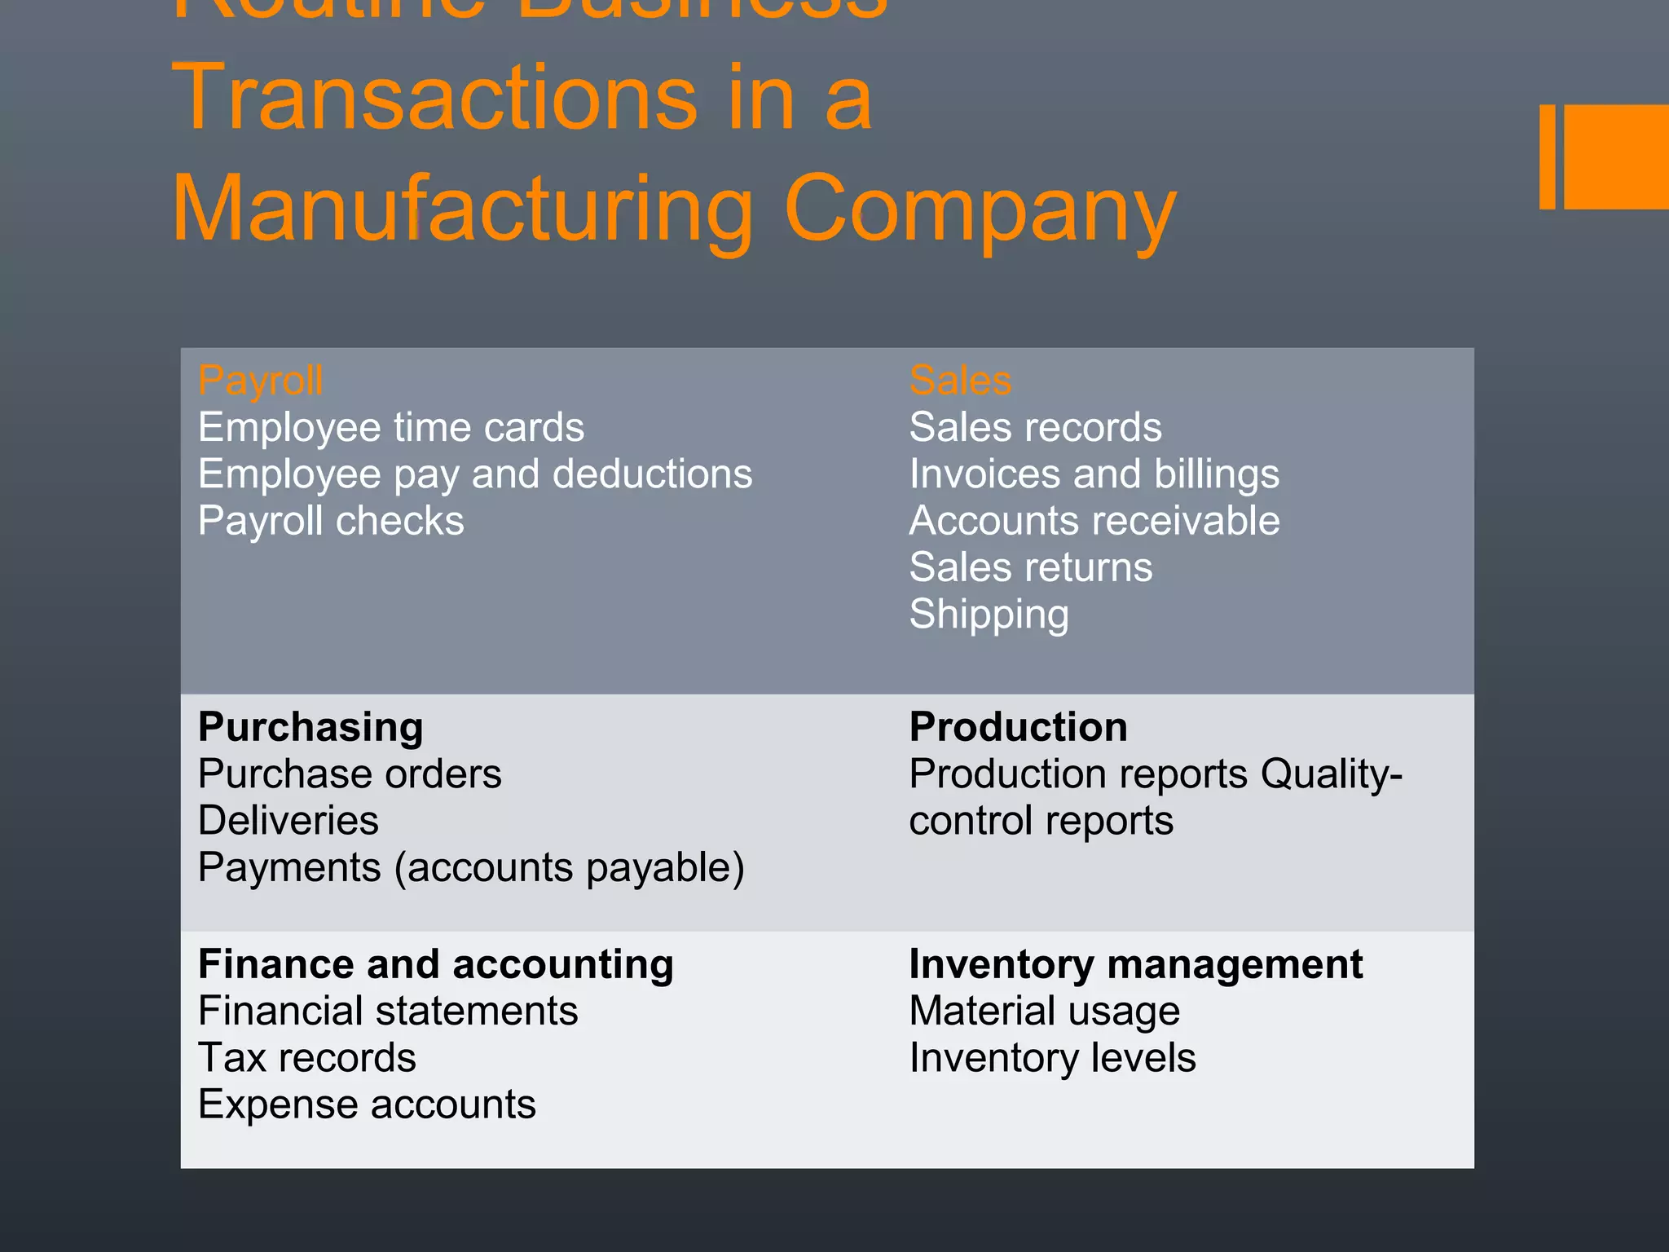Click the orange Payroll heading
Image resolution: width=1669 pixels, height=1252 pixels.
pos(261,381)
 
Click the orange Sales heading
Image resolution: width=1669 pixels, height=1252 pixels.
pos(960,381)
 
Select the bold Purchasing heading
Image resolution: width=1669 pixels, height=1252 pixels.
pos(310,727)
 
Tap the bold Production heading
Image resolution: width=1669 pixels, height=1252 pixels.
pos(1018,727)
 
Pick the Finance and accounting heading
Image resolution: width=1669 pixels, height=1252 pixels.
pos(436,964)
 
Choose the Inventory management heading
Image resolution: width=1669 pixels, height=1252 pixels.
pos(1135,964)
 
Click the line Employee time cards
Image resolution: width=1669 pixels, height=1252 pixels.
pos(391,428)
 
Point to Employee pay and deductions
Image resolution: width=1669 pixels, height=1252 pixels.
pos(475,474)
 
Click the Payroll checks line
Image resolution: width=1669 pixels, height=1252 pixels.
pos(331,521)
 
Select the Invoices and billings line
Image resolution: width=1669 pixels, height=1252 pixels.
pos(1094,474)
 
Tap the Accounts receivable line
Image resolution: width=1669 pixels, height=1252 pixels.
pos(1094,521)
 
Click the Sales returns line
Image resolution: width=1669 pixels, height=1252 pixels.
pos(1031,567)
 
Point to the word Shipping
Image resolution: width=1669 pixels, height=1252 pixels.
pos(989,615)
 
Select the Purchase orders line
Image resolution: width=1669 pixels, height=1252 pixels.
pos(350,774)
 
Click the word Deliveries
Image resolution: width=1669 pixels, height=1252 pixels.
pos(288,820)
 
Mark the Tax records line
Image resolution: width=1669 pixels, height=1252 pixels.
pos(307,1058)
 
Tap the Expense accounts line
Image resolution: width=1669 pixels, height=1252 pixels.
pos(367,1104)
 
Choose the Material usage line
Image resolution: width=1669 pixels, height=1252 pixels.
pos(1044,1012)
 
